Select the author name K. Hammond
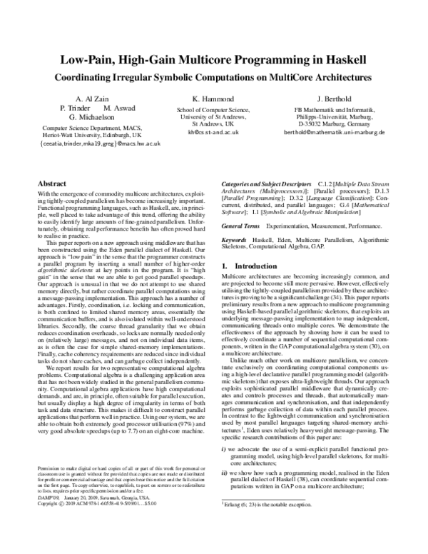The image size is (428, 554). (213, 97)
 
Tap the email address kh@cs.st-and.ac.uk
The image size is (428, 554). (214, 132)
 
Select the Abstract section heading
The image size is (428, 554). (51, 183)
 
